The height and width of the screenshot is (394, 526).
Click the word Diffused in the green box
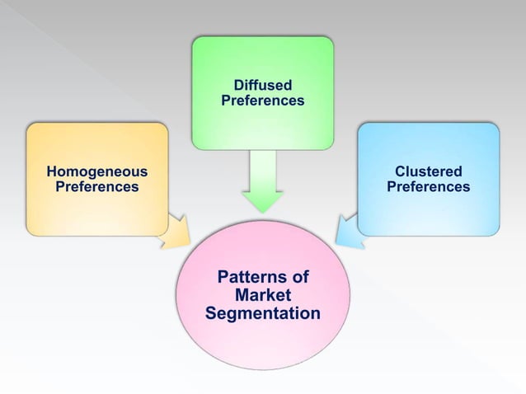(x=262, y=85)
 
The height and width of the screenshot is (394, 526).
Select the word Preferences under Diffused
(x=262, y=101)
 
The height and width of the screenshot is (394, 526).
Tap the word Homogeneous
(x=96, y=171)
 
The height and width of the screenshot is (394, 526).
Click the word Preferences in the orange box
(x=96, y=187)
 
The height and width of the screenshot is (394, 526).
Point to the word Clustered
(x=428, y=171)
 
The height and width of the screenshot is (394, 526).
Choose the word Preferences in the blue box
(x=428, y=187)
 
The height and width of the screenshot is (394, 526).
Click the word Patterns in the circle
(x=246, y=276)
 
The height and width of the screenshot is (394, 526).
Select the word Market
(x=262, y=295)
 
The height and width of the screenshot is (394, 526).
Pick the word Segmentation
(x=262, y=314)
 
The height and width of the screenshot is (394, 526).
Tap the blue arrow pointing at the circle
(x=350, y=230)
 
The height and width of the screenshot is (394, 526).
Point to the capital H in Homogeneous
(x=51, y=171)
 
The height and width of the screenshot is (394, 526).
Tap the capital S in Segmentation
(x=210, y=314)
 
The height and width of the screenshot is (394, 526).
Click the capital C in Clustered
(x=399, y=171)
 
